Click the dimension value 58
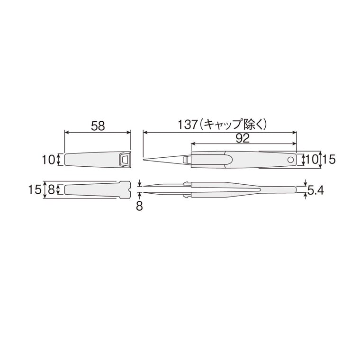(x=98, y=126)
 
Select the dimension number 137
(x=188, y=125)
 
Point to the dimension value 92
(x=243, y=138)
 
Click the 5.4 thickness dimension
(x=315, y=190)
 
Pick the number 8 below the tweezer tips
(x=139, y=206)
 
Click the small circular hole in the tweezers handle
(x=290, y=160)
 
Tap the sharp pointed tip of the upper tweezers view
(x=144, y=160)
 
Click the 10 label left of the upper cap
(x=48, y=159)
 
